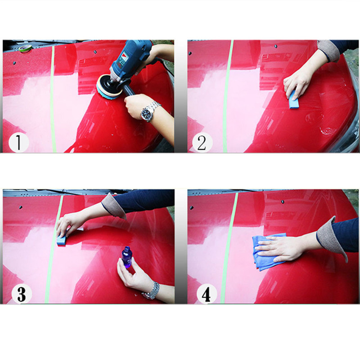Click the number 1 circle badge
pyautogui.click(x=18, y=143)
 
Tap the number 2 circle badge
pyautogui.click(x=202, y=143)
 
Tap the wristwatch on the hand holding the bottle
pyautogui.click(x=151, y=290)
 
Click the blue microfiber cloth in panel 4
pyautogui.click(x=263, y=252)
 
